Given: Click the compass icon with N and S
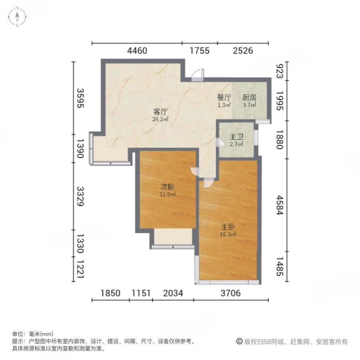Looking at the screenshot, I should coord(18,17).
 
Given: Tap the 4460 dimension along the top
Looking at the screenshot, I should coord(137,51).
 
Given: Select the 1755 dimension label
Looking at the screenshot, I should coord(200,51).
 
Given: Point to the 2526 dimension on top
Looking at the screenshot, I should coord(243,51).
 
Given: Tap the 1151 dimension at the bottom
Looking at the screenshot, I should coord(141,293).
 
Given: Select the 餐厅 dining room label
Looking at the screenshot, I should coord(224,97).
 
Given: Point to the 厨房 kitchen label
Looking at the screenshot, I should coord(250,97).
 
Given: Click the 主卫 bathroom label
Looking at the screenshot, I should coord(236,137).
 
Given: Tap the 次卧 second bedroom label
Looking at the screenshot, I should coord(167,187).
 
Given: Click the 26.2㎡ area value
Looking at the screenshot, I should coord(160,119).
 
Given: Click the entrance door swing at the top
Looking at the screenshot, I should coord(198,76).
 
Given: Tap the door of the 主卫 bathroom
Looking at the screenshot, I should coord(220,142).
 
